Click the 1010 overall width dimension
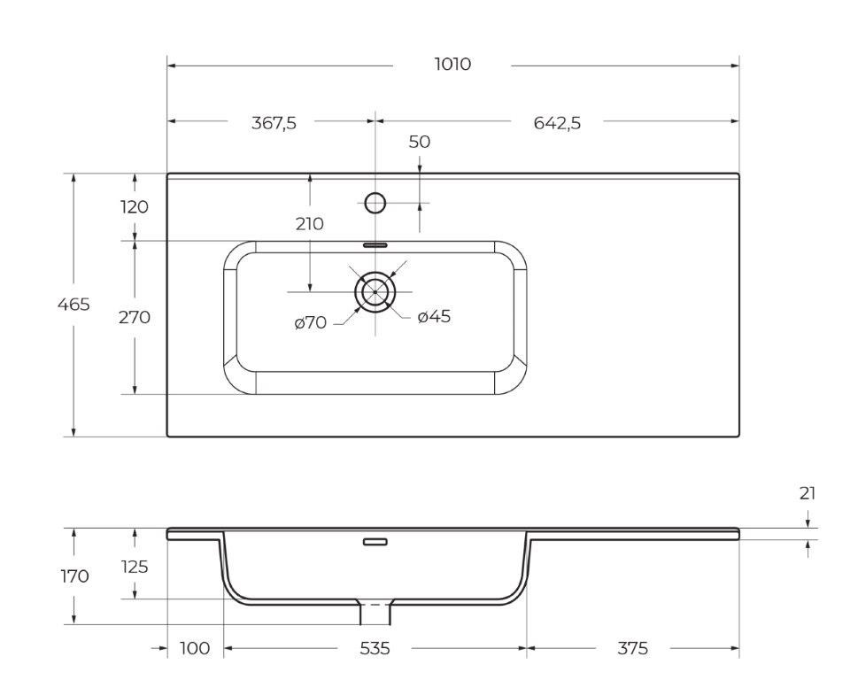tap(452, 65)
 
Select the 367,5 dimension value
tap(274, 123)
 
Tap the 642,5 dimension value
tap(557, 123)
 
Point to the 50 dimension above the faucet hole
tap(420, 142)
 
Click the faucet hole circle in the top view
tap(375, 204)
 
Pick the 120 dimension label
tap(134, 207)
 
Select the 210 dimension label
tap(310, 224)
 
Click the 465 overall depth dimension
tap(73, 305)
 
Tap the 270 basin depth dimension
tap(135, 317)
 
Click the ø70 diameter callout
tap(311, 323)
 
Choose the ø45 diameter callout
tap(434, 316)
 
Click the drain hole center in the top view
tap(375, 291)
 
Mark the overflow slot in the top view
tap(375, 243)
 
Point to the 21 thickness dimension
tap(807, 494)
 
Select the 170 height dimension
tap(74, 576)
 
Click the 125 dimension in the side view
tap(134, 567)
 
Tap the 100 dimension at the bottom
tap(195, 649)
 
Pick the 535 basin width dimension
tap(375, 649)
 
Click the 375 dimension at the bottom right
tap(632, 649)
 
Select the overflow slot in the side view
tap(375, 541)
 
